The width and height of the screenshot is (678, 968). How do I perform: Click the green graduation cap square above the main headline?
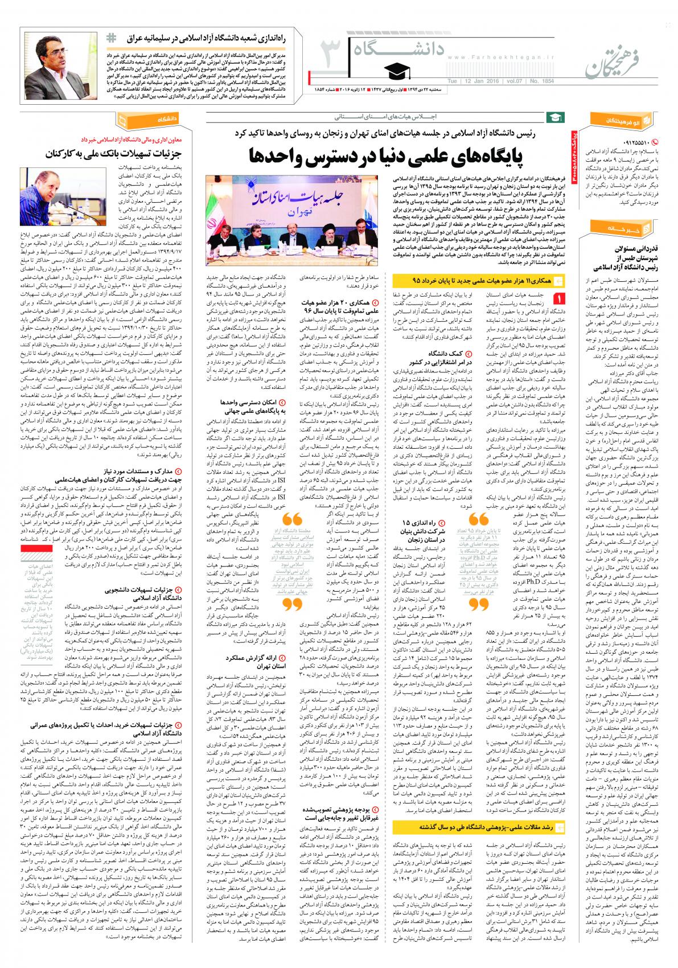pos(552,118)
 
